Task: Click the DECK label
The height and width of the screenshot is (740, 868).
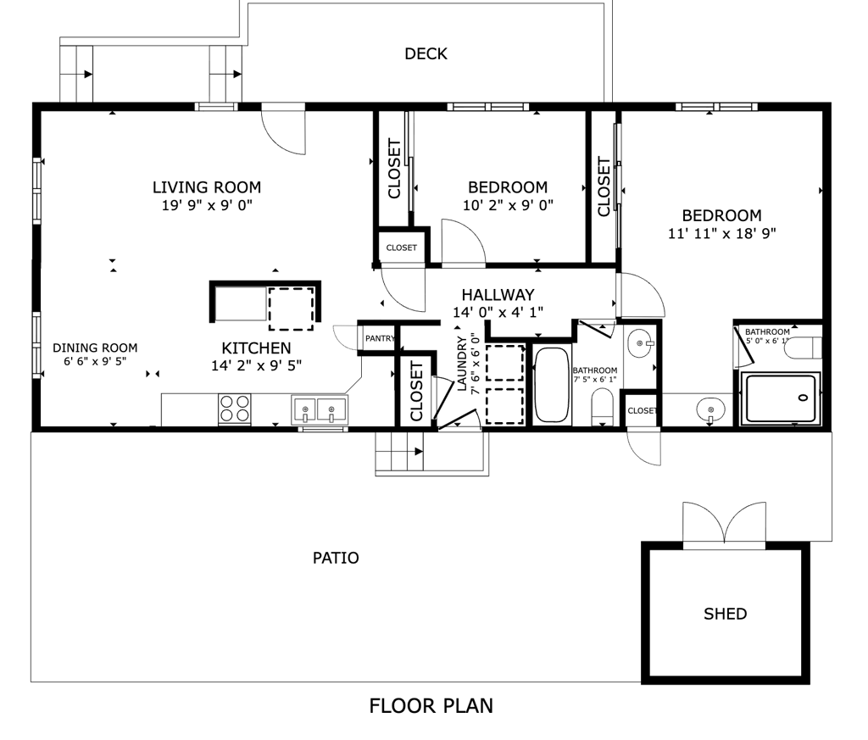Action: pos(426,53)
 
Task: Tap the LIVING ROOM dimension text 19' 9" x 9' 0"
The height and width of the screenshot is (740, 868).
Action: pos(207,205)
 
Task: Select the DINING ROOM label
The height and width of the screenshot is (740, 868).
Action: pos(95,348)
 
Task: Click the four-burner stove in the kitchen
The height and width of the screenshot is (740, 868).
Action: pos(234,409)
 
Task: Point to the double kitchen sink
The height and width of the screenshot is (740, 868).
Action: pos(320,410)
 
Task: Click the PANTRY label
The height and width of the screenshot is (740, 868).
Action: pos(381,338)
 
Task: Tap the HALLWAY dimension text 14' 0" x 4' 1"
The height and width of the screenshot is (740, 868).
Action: pos(498,312)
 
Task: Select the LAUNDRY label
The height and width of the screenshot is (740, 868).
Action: pos(462,364)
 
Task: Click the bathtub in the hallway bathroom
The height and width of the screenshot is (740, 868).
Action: pos(551,385)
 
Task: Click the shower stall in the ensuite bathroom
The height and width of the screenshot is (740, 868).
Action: pos(781,398)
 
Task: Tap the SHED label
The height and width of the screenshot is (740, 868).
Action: pos(726,614)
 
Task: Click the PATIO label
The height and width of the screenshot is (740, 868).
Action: pos(336,558)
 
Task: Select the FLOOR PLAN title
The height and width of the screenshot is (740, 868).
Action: pos(431,706)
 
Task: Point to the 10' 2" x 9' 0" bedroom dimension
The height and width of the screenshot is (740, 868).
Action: pos(509,205)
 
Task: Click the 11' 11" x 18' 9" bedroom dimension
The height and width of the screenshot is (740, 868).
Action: pos(722,234)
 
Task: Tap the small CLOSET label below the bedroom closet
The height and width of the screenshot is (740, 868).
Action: pos(401,248)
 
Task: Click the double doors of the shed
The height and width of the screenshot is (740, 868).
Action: pos(725,523)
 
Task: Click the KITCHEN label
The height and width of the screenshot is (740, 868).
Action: pos(256,348)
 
